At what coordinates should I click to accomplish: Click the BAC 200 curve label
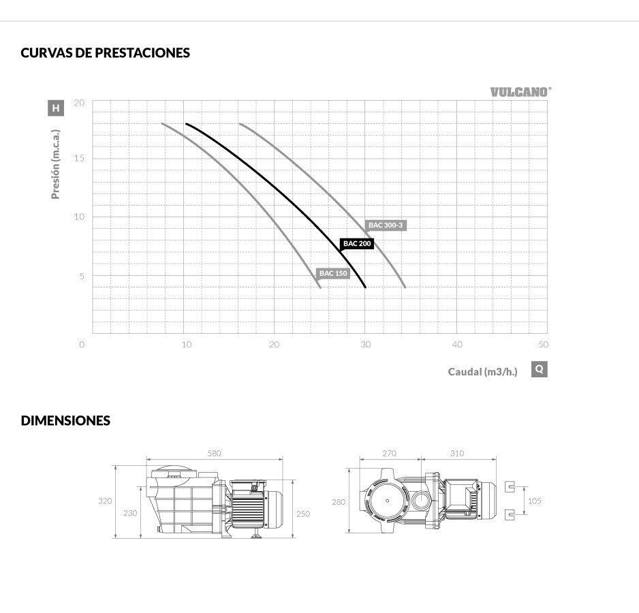(x=357, y=244)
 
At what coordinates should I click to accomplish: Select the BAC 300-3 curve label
(x=386, y=225)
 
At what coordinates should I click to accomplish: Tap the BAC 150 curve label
(x=333, y=273)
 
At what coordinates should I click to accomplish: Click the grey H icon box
(x=56, y=108)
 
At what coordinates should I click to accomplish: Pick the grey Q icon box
(x=539, y=369)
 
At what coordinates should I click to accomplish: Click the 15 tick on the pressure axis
(x=79, y=158)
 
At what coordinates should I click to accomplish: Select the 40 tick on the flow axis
(x=457, y=345)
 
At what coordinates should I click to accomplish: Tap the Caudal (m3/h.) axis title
(x=482, y=372)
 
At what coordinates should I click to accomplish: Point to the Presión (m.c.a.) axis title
(x=55, y=164)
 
